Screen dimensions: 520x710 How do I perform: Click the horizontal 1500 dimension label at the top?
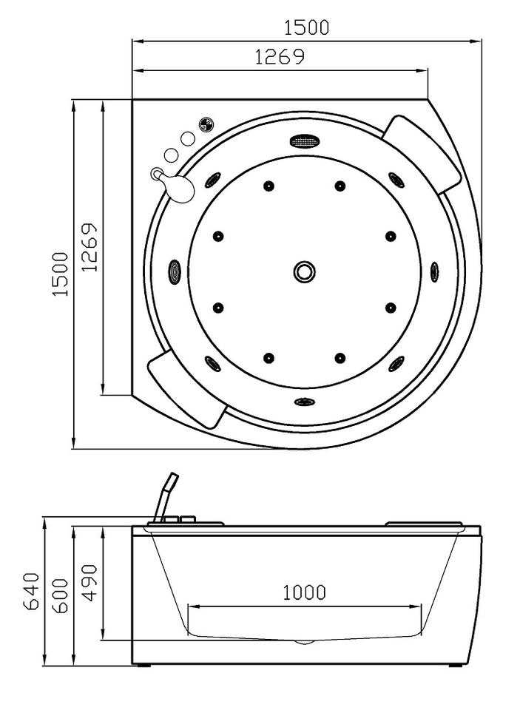click(x=306, y=27)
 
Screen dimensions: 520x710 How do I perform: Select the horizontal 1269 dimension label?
click(x=280, y=57)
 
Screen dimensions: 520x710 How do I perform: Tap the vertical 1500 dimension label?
click(x=61, y=274)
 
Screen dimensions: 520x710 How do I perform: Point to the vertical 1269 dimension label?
click(x=90, y=247)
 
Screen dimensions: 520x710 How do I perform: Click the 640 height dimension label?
click(x=32, y=592)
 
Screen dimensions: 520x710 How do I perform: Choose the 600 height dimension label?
click(x=60, y=596)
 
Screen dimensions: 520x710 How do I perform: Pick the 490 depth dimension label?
click(x=90, y=583)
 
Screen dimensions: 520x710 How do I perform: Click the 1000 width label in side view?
click(x=305, y=592)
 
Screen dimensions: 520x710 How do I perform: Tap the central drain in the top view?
click(x=304, y=272)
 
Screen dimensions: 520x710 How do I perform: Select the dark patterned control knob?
click(x=206, y=124)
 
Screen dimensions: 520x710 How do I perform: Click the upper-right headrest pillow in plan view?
click(x=422, y=154)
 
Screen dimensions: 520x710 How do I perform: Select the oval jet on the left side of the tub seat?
click(x=175, y=272)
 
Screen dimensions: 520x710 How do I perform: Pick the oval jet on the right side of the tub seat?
click(x=434, y=271)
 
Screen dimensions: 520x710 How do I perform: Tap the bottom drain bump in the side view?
click(x=305, y=642)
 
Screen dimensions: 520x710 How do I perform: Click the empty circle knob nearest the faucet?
click(x=171, y=155)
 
